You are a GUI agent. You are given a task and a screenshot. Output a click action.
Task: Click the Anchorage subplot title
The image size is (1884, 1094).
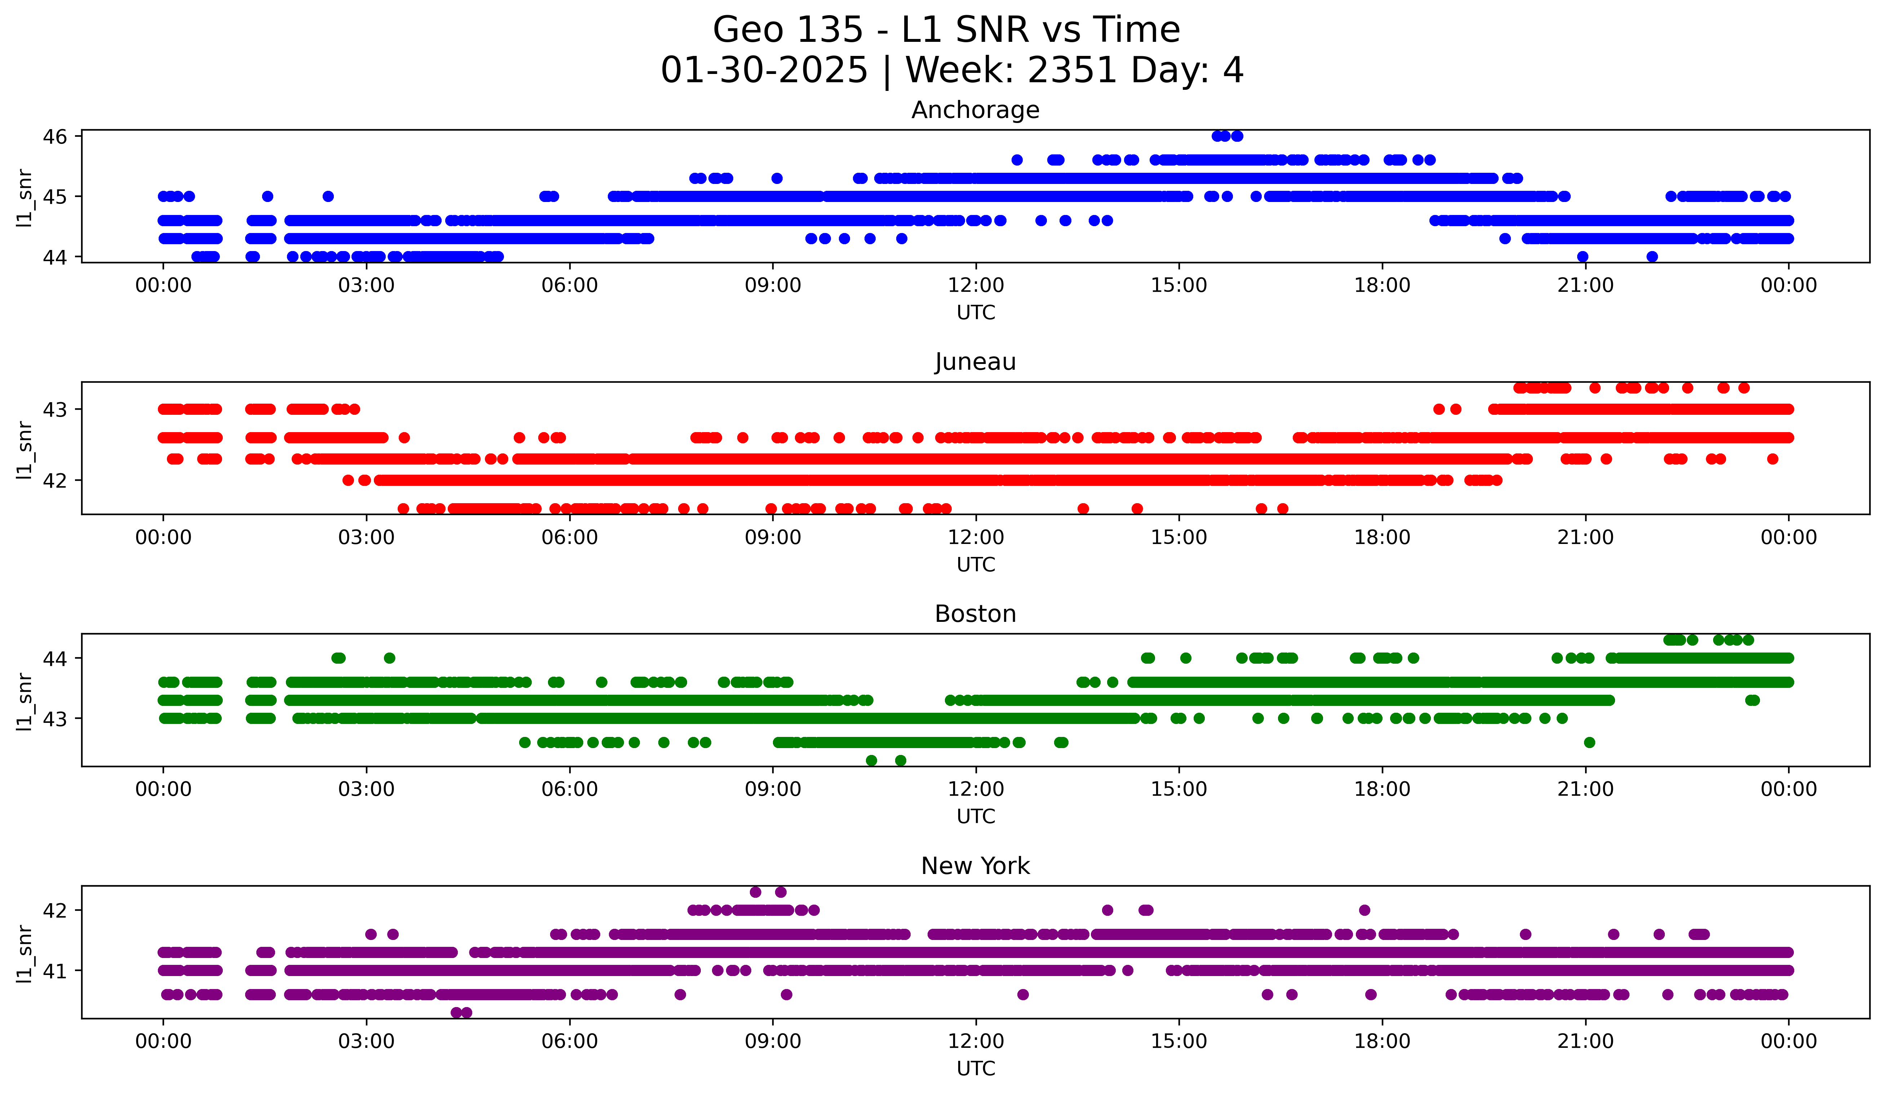click(975, 110)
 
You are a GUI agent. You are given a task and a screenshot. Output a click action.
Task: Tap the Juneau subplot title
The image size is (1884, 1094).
click(975, 362)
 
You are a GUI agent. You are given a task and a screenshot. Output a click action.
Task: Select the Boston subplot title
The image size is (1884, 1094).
click(975, 614)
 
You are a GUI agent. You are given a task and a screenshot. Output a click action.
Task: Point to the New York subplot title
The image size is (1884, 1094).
click(975, 866)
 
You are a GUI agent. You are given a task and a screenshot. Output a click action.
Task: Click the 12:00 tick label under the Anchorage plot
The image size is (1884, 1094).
click(976, 286)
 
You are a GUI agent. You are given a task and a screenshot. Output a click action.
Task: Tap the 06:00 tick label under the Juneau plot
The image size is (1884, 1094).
click(570, 538)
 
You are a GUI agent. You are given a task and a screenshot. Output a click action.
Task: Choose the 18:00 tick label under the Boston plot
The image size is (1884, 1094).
click(1381, 790)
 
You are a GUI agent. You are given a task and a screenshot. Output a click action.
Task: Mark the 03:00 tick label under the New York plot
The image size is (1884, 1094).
click(366, 1042)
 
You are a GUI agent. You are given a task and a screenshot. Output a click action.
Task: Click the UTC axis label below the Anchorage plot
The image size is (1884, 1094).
click(976, 313)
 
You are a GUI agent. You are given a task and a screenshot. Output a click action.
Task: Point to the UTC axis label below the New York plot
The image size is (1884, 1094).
click(976, 1069)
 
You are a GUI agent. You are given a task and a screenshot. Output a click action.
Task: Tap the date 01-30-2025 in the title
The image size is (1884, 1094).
click(764, 70)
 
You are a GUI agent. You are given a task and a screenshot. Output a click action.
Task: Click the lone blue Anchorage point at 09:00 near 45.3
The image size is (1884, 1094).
click(777, 178)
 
